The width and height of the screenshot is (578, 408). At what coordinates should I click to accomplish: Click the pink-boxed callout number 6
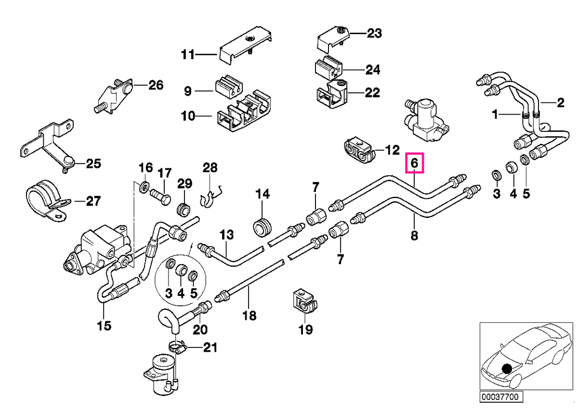click(414, 163)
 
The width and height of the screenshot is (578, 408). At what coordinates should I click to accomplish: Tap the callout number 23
click(374, 33)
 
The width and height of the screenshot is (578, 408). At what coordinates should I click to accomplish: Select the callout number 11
click(187, 55)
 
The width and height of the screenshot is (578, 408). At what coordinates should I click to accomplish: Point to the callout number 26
click(156, 85)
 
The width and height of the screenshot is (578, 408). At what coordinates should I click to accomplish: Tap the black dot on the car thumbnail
click(507, 369)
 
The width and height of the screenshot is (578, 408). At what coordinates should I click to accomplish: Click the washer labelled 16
click(144, 187)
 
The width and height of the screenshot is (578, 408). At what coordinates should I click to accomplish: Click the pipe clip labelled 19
click(305, 302)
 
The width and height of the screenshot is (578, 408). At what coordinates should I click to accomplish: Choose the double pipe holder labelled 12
click(360, 153)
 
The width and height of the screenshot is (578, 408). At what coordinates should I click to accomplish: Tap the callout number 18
click(250, 316)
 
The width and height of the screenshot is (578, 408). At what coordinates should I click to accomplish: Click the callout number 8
click(414, 235)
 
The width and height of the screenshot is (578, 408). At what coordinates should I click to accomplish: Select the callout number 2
click(561, 103)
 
